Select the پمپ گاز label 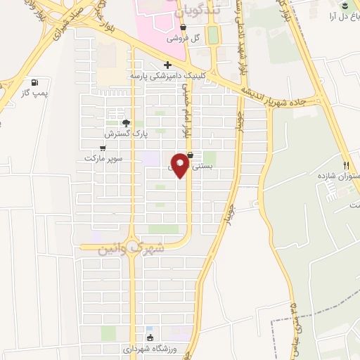click(33, 92)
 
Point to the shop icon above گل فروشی click(183, 28)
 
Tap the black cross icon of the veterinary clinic click(167, 65)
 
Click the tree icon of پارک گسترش click(126, 123)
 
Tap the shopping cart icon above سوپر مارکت click(103, 148)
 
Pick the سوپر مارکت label click(103, 158)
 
